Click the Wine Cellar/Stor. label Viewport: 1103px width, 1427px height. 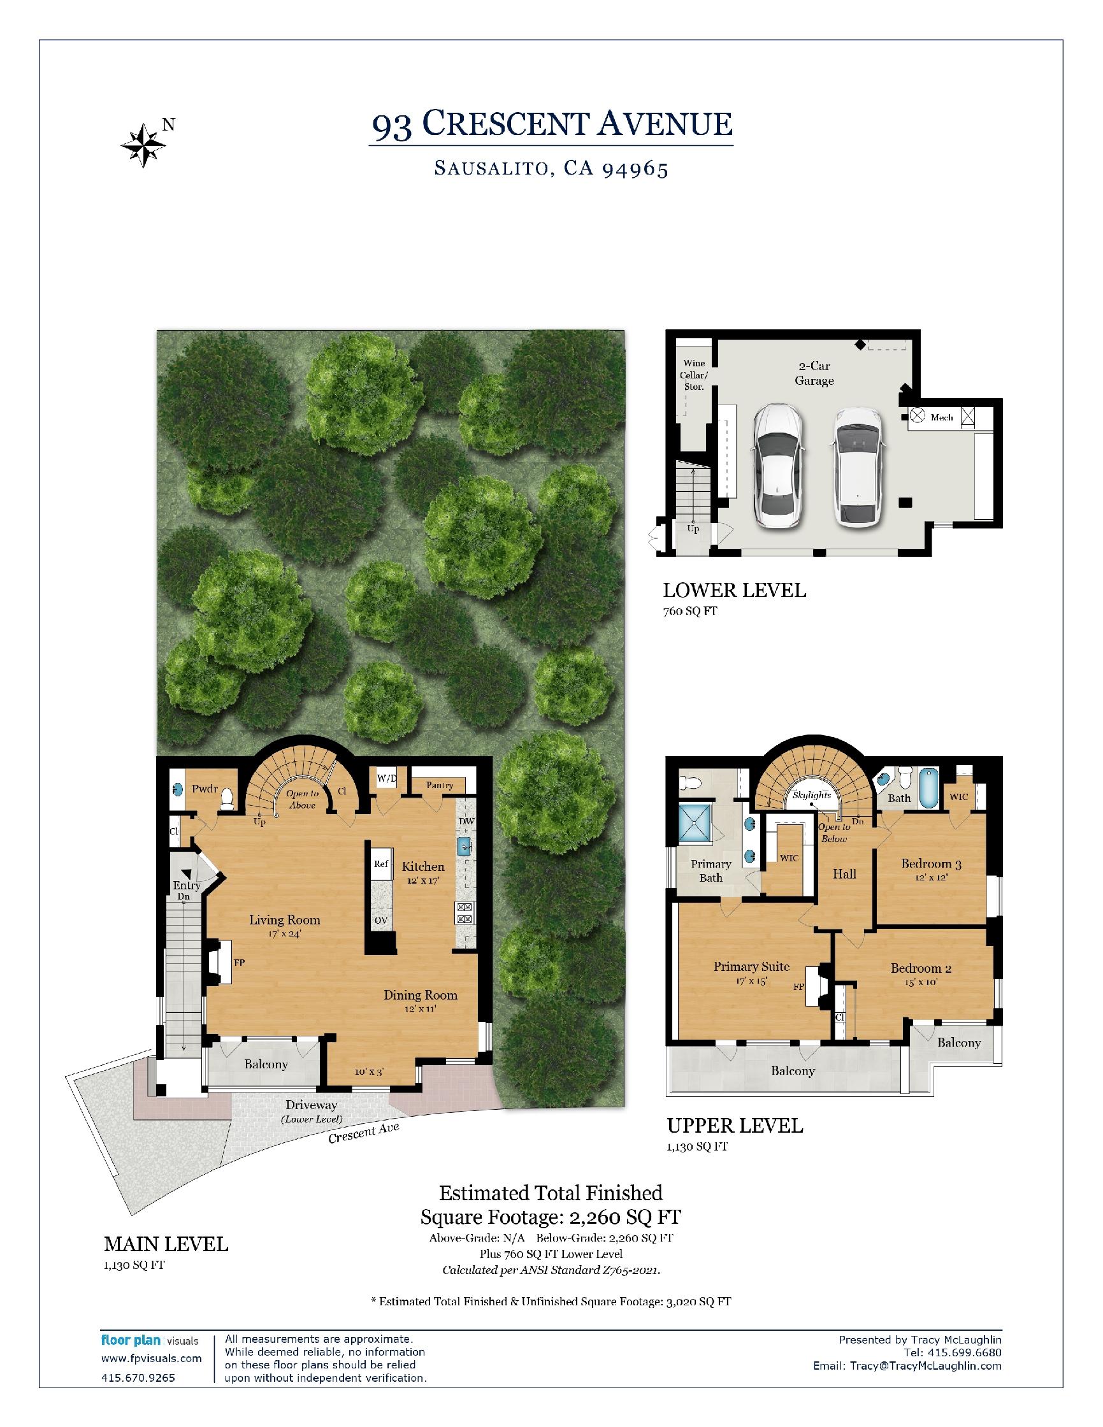click(694, 375)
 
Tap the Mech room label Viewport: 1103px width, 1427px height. click(942, 417)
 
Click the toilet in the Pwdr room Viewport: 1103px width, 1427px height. click(226, 798)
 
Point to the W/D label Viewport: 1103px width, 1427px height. click(387, 778)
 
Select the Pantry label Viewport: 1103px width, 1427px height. click(439, 785)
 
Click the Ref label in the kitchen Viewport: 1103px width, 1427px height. click(381, 864)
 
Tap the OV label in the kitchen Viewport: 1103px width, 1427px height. click(381, 921)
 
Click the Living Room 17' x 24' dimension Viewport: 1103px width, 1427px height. click(284, 934)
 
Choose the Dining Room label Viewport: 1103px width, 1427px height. click(420, 995)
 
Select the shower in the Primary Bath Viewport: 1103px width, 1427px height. click(697, 822)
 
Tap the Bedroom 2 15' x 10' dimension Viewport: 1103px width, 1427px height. click(921, 982)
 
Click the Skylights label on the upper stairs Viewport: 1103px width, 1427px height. click(812, 795)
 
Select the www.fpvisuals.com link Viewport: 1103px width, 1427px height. click(152, 1358)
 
